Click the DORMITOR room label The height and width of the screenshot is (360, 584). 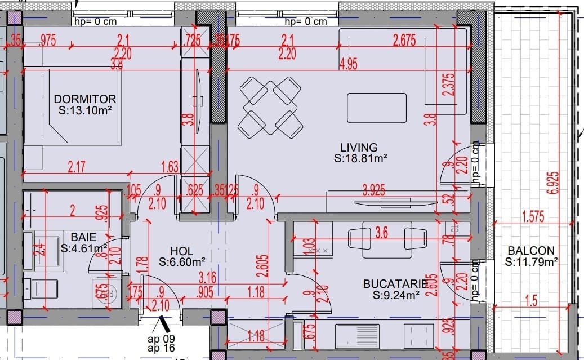point(85,99)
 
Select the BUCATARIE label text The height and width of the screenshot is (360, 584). point(391,283)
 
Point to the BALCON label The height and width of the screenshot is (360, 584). point(530,250)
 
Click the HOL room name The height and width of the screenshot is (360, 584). point(181,251)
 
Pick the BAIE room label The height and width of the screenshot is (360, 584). point(83,237)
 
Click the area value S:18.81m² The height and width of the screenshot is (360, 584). point(360,159)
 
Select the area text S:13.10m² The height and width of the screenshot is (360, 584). point(85,110)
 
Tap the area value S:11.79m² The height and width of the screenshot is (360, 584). point(531,261)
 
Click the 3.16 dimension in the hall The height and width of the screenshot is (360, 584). point(208,277)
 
